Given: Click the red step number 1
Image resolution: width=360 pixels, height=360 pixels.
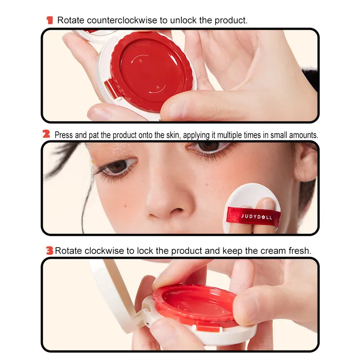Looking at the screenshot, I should [x=49, y=20].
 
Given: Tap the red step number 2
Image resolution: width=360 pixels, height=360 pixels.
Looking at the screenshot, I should [x=46, y=134].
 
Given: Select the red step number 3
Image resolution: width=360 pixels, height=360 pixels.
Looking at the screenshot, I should [x=49, y=251].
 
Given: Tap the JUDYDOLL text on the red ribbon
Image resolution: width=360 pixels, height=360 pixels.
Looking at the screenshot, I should [x=253, y=216].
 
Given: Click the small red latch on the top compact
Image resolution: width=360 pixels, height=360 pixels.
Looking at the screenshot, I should [x=109, y=87].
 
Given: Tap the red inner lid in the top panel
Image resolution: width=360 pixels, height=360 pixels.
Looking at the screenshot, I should [x=151, y=70].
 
